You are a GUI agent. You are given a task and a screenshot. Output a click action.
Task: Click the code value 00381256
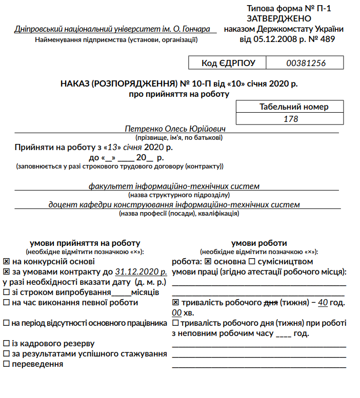(306, 63)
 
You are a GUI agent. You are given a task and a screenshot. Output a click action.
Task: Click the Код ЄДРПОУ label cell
(227, 63)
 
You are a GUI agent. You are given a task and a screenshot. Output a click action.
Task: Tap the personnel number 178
(291, 119)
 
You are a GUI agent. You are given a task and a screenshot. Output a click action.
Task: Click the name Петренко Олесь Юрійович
(175, 129)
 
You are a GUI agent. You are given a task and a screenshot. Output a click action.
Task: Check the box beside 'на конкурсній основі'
(6, 261)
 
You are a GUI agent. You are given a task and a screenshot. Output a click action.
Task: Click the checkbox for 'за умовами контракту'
(6, 271)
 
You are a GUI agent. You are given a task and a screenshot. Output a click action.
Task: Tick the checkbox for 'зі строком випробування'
(6, 292)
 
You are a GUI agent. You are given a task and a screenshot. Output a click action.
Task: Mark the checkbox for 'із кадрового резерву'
(6, 343)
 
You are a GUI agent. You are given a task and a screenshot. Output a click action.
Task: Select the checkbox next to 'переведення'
(6, 364)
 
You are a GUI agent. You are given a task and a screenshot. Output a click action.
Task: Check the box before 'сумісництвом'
(251, 261)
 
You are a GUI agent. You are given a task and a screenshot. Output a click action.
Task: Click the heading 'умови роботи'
(259, 243)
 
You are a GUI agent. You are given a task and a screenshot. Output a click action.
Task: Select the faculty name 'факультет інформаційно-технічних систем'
(174, 186)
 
